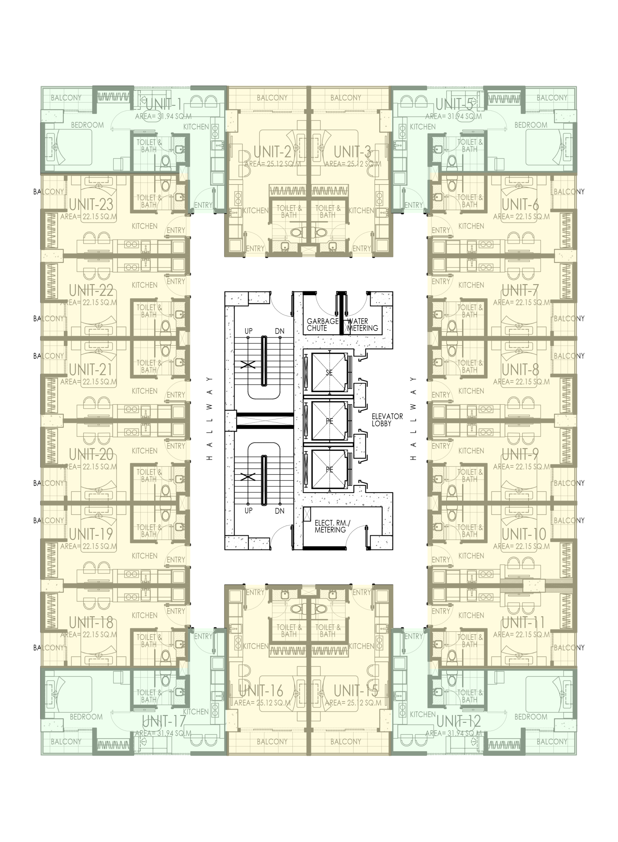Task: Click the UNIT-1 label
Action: [x=164, y=105]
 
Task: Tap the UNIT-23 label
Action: [x=91, y=205]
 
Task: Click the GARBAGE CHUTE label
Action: [x=322, y=325]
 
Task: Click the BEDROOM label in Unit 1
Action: [x=87, y=125]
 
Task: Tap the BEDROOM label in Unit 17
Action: [x=86, y=717]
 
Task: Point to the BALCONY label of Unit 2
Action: [x=272, y=98]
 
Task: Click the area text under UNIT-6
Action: [x=521, y=217]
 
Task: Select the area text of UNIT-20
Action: [x=89, y=467]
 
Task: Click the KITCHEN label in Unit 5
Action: [x=423, y=127]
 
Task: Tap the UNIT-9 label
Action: [x=520, y=454]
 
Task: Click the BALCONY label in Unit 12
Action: [x=552, y=741]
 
